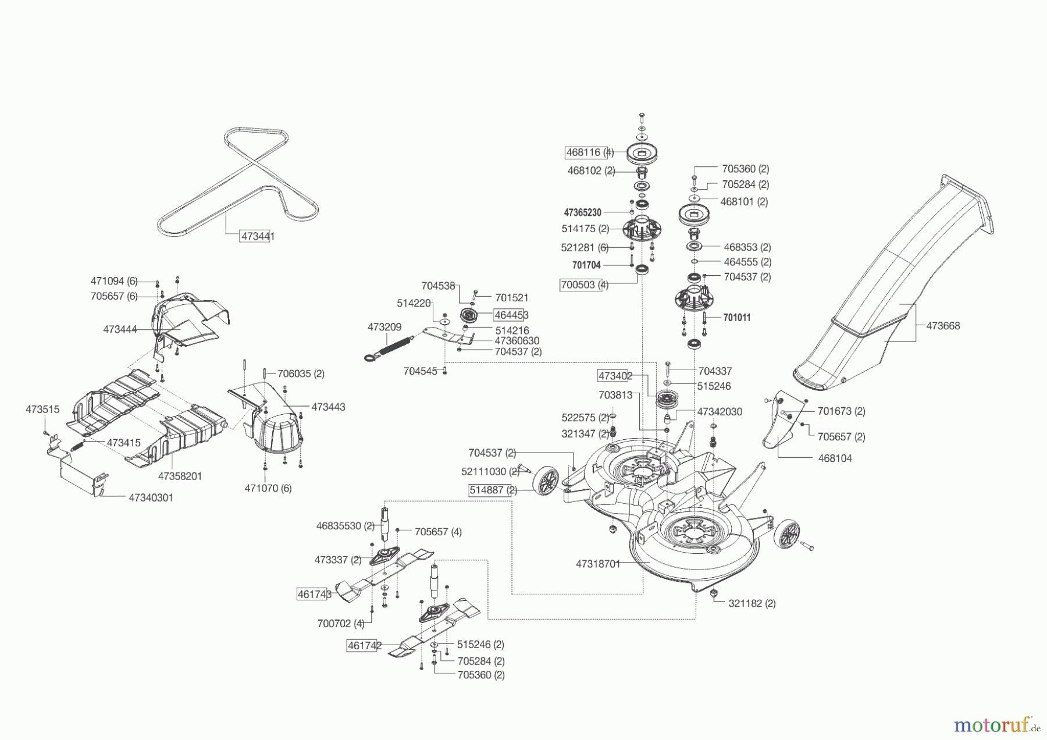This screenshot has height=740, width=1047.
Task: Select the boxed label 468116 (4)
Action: point(589,152)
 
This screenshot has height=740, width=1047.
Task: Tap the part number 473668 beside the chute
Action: point(943,326)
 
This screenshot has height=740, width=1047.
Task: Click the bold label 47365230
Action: point(582,213)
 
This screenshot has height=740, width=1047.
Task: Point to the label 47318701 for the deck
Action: point(598,564)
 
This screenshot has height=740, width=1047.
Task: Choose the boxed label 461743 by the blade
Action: point(314,594)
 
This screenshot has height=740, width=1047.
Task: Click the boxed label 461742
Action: point(364,645)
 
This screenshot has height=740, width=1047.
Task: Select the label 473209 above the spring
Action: point(384,328)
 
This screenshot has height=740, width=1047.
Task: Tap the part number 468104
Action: point(835,458)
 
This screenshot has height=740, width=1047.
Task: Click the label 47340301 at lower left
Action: point(151,498)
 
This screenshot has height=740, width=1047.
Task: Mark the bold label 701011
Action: point(736,318)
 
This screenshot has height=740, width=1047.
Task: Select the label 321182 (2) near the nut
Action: point(752,603)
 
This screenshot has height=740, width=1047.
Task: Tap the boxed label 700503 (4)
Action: point(584,285)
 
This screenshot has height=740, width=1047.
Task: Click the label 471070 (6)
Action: point(268,488)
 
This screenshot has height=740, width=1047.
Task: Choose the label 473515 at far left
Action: point(42,410)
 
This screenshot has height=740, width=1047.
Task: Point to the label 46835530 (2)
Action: point(345,526)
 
